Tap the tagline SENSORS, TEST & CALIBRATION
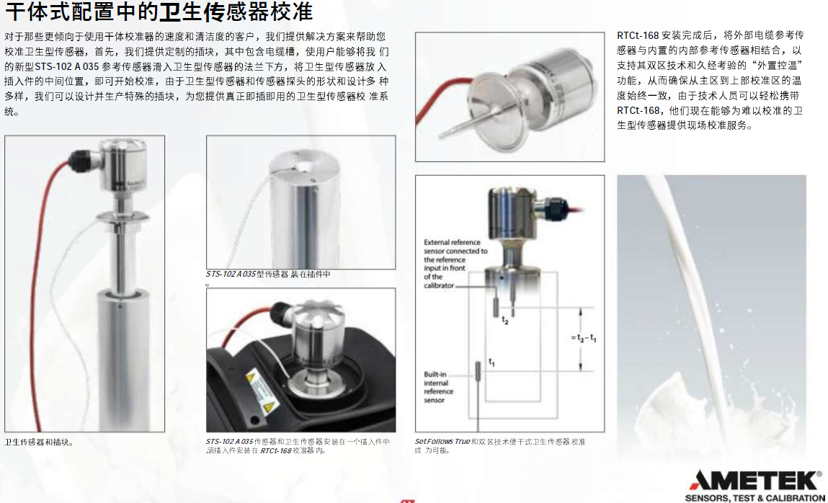754,498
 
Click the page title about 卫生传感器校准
159,12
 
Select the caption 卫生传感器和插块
39,442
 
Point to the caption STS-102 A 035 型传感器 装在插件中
268,275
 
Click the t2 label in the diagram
505,321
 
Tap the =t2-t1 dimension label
584,338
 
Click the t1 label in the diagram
491,362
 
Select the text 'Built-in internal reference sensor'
438,387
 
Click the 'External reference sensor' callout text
455,264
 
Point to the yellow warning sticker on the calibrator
261,391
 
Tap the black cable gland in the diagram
552,208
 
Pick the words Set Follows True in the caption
442,442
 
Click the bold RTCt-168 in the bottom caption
276,450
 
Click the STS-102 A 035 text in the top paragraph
66,67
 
